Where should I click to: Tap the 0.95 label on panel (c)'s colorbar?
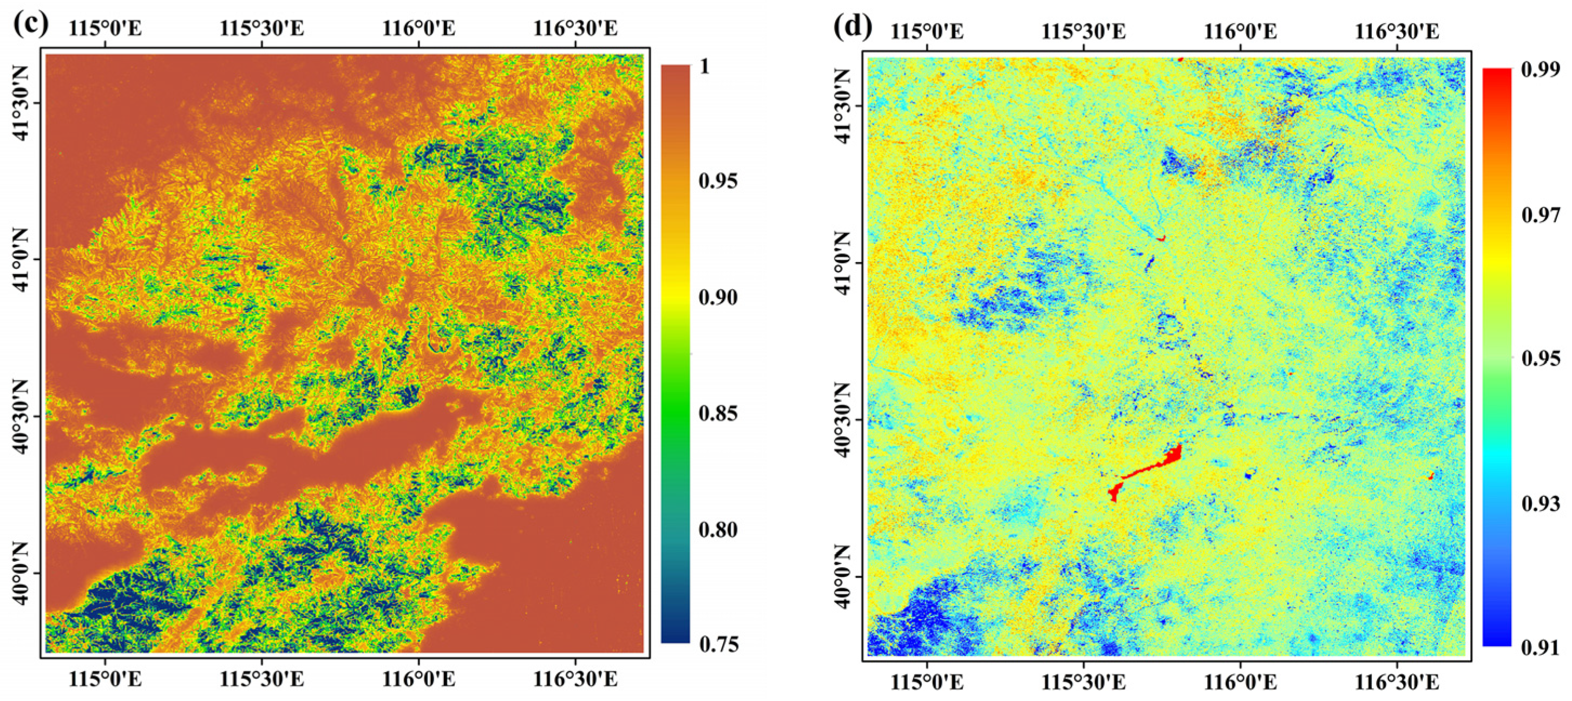[718, 181]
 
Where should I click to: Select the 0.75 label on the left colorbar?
[718, 645]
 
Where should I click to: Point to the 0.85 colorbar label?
[718, 413]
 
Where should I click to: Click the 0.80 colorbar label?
[718, 529]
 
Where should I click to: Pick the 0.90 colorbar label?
[718, 297]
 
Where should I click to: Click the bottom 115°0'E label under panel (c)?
[105, 679]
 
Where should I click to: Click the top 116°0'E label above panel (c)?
[418, 28]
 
